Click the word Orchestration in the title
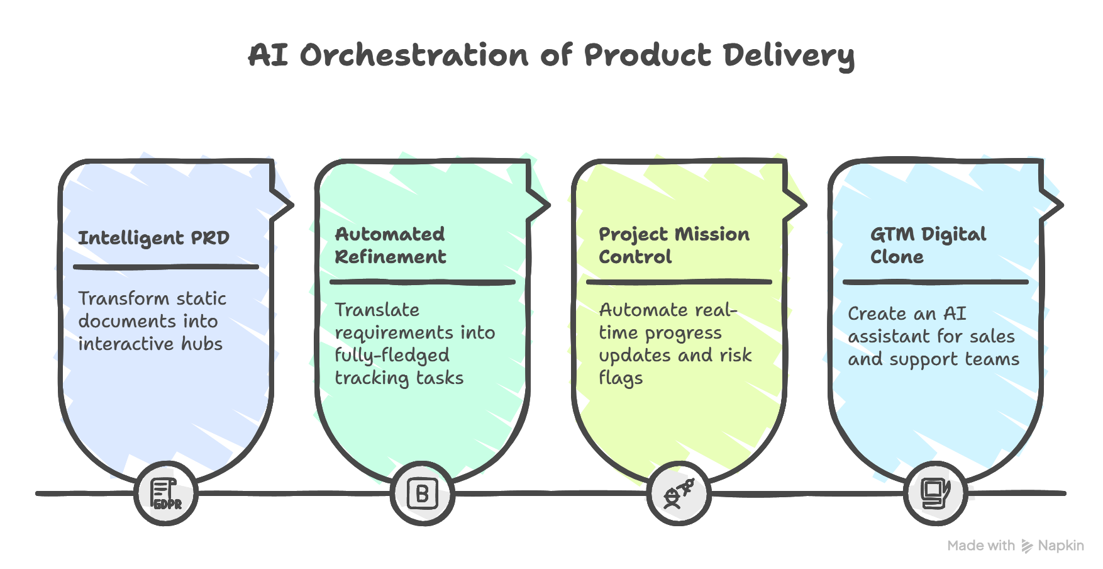click(x=414, y=55)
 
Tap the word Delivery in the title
click(x=788, y=55)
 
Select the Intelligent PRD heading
click(x=154, y=238)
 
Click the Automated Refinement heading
click(x=391, y=245)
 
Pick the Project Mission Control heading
click(x=673, y=245)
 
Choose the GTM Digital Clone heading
click(x=928, y=245)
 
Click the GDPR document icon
click(x=166, y=493)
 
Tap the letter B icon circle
click(x=422, y=493)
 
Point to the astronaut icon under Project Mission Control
click(x=679, y=493)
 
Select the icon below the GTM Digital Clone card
click(x=935, y=493)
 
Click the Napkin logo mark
click(x=1027, y=546)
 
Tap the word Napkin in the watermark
click(x=1061, y=546)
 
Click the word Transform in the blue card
click(x=115, y=298)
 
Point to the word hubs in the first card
click(x=202, y=344)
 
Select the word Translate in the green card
click(x=377, y=310)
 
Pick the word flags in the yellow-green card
click(x=621, y=378)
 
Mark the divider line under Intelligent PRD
click(x=166, y=267)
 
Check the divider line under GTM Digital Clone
click(x=935, y=282)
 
